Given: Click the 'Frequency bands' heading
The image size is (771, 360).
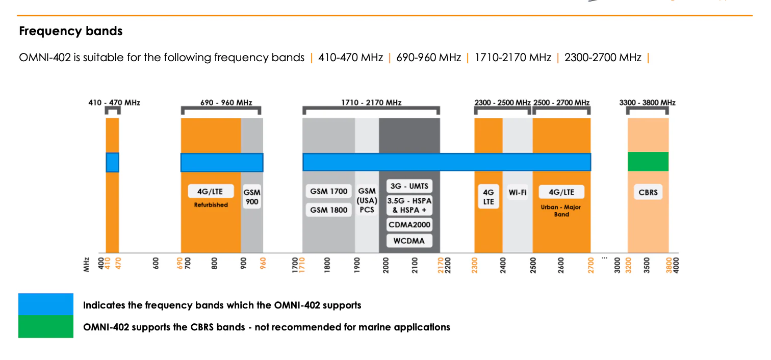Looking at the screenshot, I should click(x=71, y=31).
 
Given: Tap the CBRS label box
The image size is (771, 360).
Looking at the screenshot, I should click(x=648, y=193).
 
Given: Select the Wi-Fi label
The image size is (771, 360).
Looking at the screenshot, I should click(x=518, y=192).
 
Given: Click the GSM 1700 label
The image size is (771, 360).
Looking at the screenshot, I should click(x=329, y=192).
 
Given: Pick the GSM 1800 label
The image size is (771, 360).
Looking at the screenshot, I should click(x=329, y=210).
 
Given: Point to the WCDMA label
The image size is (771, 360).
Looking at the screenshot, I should click(x=409, y=240).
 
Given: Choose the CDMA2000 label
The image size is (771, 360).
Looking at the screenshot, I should click(x=409, y=225).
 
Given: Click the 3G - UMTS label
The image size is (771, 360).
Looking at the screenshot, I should click(x=409, y=186).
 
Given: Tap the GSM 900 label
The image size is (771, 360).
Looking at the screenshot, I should click(x=252, y=197).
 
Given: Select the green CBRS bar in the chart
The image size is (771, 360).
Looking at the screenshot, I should click(x=648, y=162).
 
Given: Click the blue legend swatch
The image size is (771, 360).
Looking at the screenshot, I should click(x=46, y=304).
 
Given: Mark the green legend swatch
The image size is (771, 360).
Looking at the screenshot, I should click(x=46, y=326).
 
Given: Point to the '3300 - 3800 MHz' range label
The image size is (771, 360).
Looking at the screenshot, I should click(x=647, y=102).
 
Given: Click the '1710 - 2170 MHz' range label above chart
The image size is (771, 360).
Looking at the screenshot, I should click(x=371, y=102).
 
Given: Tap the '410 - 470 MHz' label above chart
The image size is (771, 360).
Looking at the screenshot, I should click(x=114, y=102).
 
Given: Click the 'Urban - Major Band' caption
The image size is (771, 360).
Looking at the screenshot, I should click(x=561, y=211).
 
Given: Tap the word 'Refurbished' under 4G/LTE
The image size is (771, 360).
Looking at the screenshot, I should click(x=211, y=204).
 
